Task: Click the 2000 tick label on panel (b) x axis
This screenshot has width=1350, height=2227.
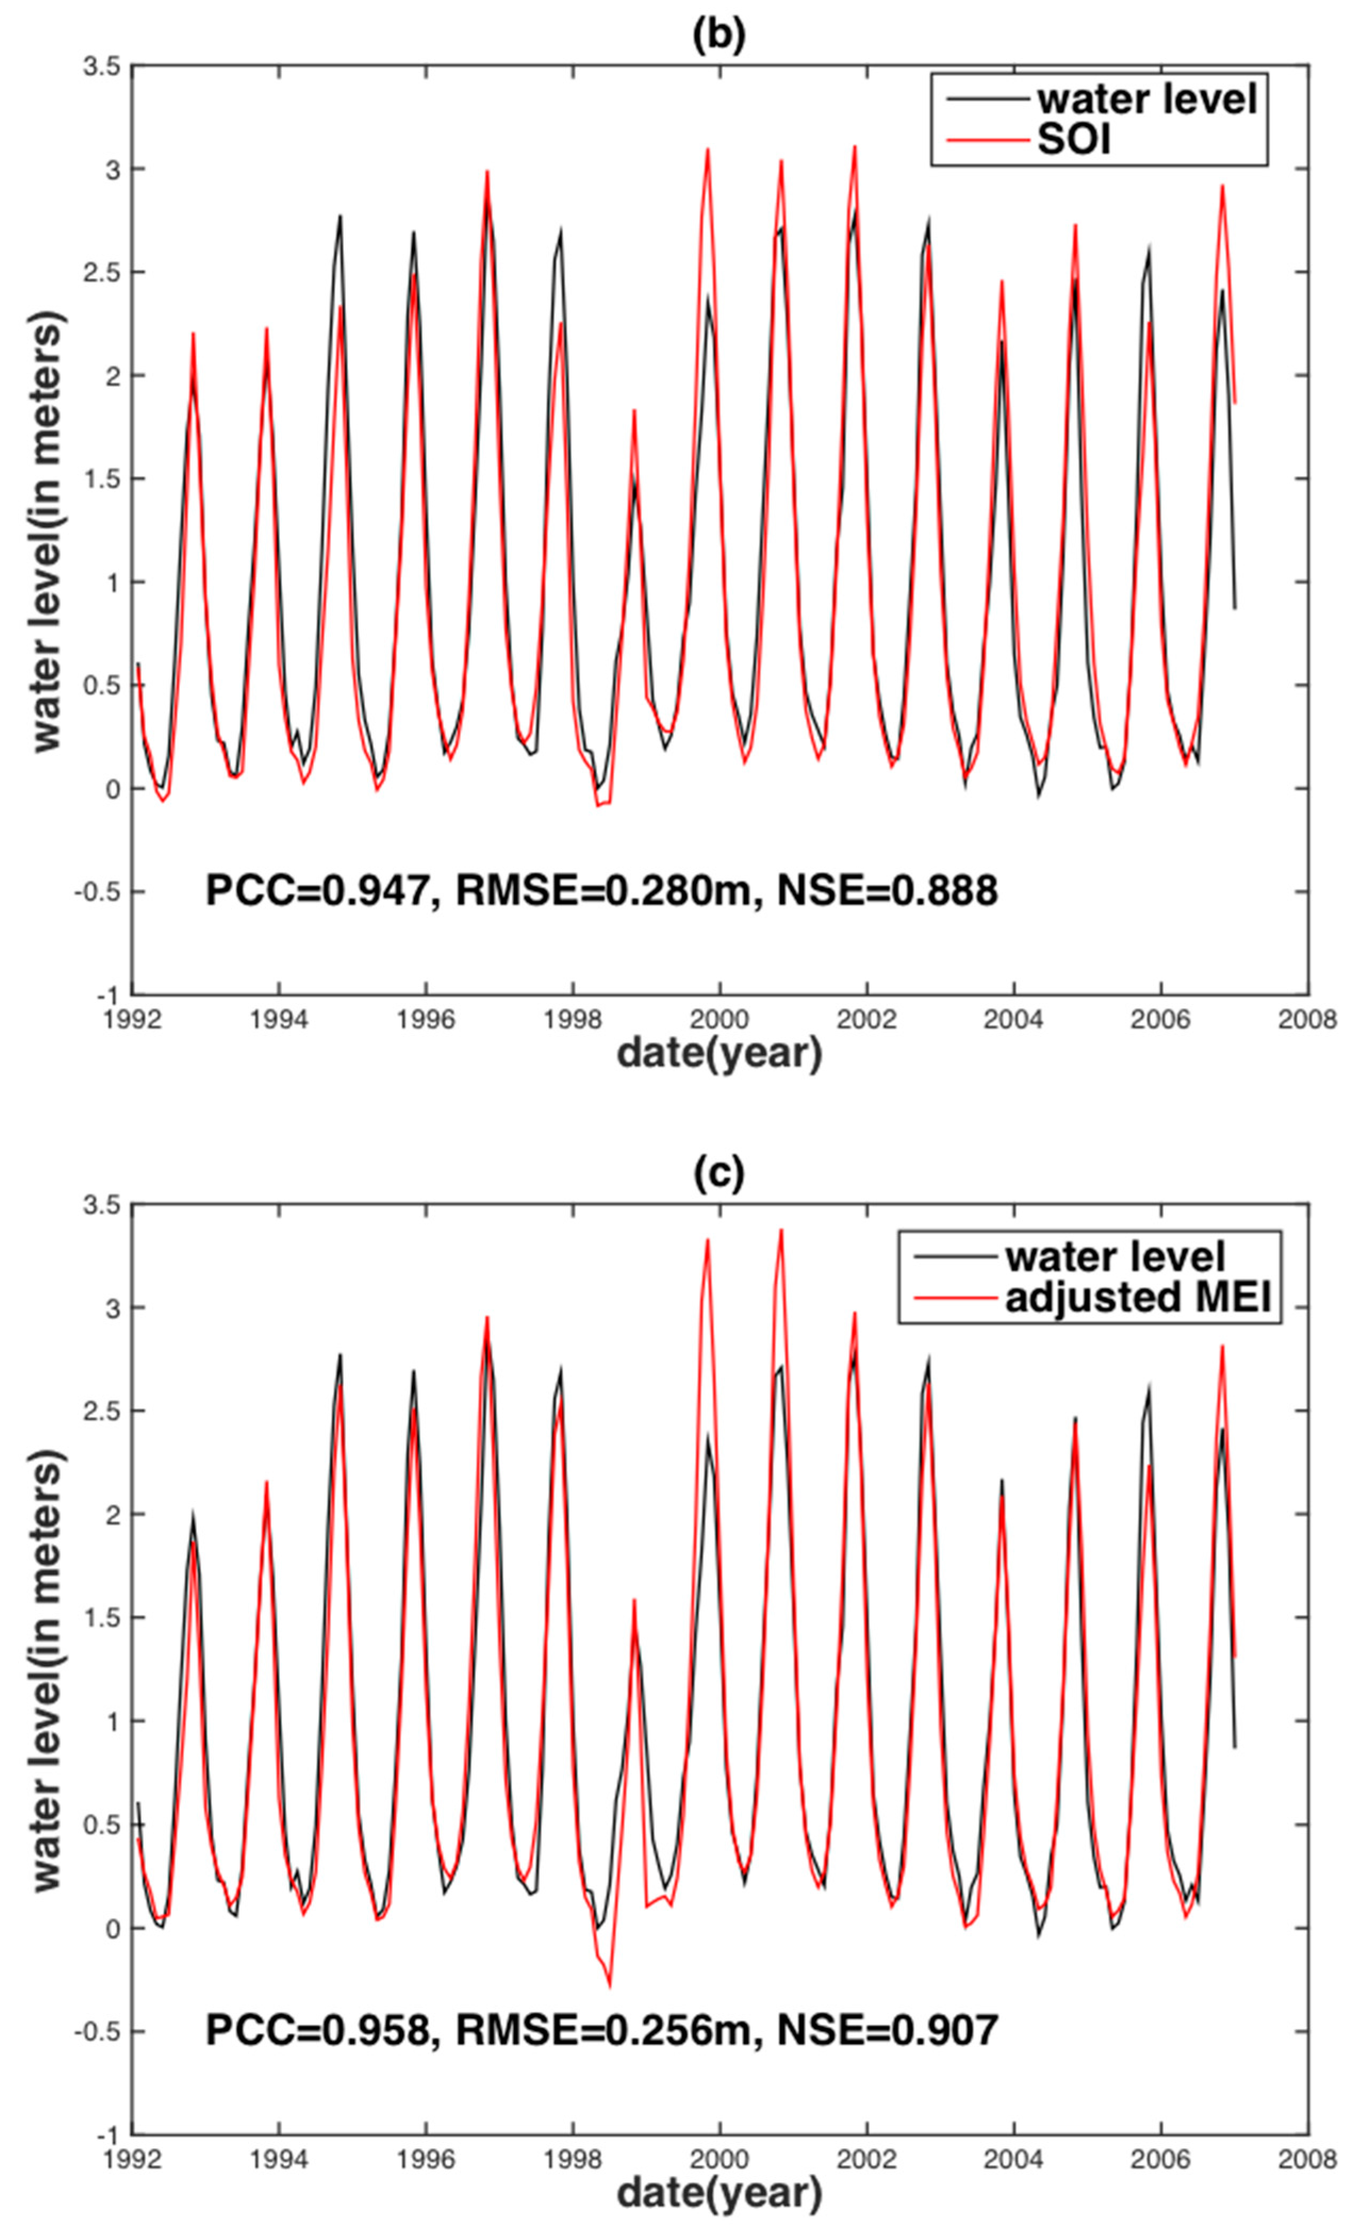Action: tap(719, 1019)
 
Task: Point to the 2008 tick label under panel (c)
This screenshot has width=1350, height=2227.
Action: tap(1306, 2159)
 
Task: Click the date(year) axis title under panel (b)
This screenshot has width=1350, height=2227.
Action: tap(719, 1053)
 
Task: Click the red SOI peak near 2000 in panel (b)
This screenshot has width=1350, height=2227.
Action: tap(708, 150)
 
